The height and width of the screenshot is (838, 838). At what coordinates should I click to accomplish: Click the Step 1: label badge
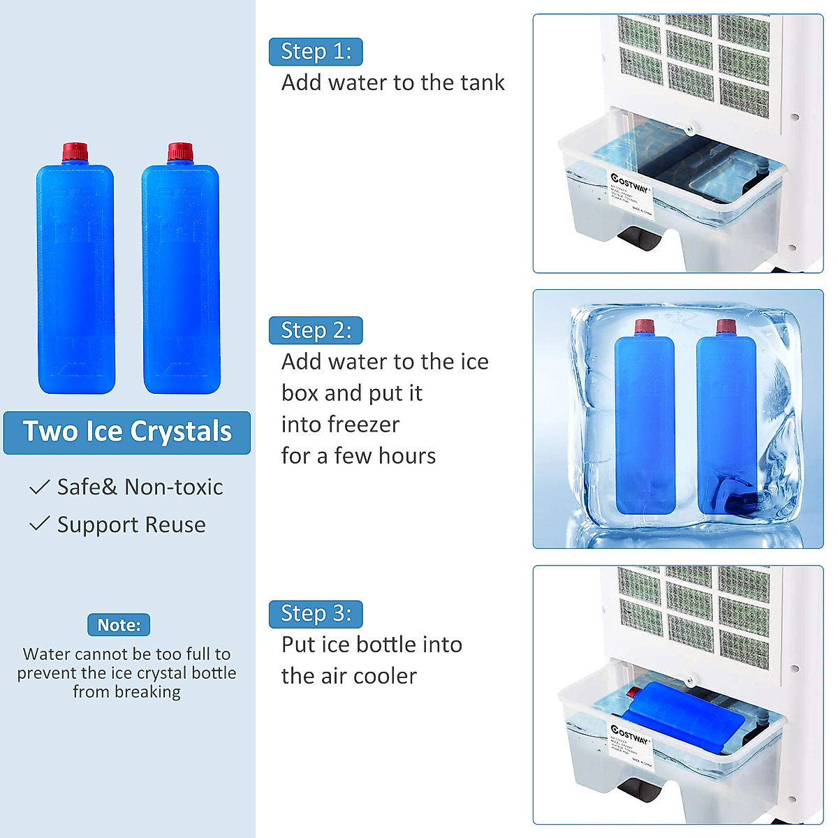point(316,52)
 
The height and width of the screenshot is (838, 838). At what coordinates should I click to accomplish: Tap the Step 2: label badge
point(316,330)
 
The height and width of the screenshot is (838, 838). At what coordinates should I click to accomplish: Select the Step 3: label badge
point(316,613)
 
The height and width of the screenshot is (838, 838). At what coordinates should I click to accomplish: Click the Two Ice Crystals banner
point(127,432)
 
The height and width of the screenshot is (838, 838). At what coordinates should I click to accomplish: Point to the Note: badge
point(119,625)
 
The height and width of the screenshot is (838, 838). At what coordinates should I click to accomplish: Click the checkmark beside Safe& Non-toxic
point(39,487)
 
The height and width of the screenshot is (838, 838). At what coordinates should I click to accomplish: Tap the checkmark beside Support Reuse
point(39,524)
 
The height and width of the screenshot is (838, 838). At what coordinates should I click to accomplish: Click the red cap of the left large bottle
point(75,152)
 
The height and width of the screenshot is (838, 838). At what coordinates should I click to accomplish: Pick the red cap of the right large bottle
point(180,152)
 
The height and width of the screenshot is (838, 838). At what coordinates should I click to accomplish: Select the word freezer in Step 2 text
point(364,425)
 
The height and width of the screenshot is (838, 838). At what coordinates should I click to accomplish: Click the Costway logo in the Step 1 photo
point(629,183)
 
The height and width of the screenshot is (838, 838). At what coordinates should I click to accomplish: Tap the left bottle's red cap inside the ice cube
point(644,328)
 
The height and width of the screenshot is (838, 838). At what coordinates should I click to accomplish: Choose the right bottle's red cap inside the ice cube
point(726,328)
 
